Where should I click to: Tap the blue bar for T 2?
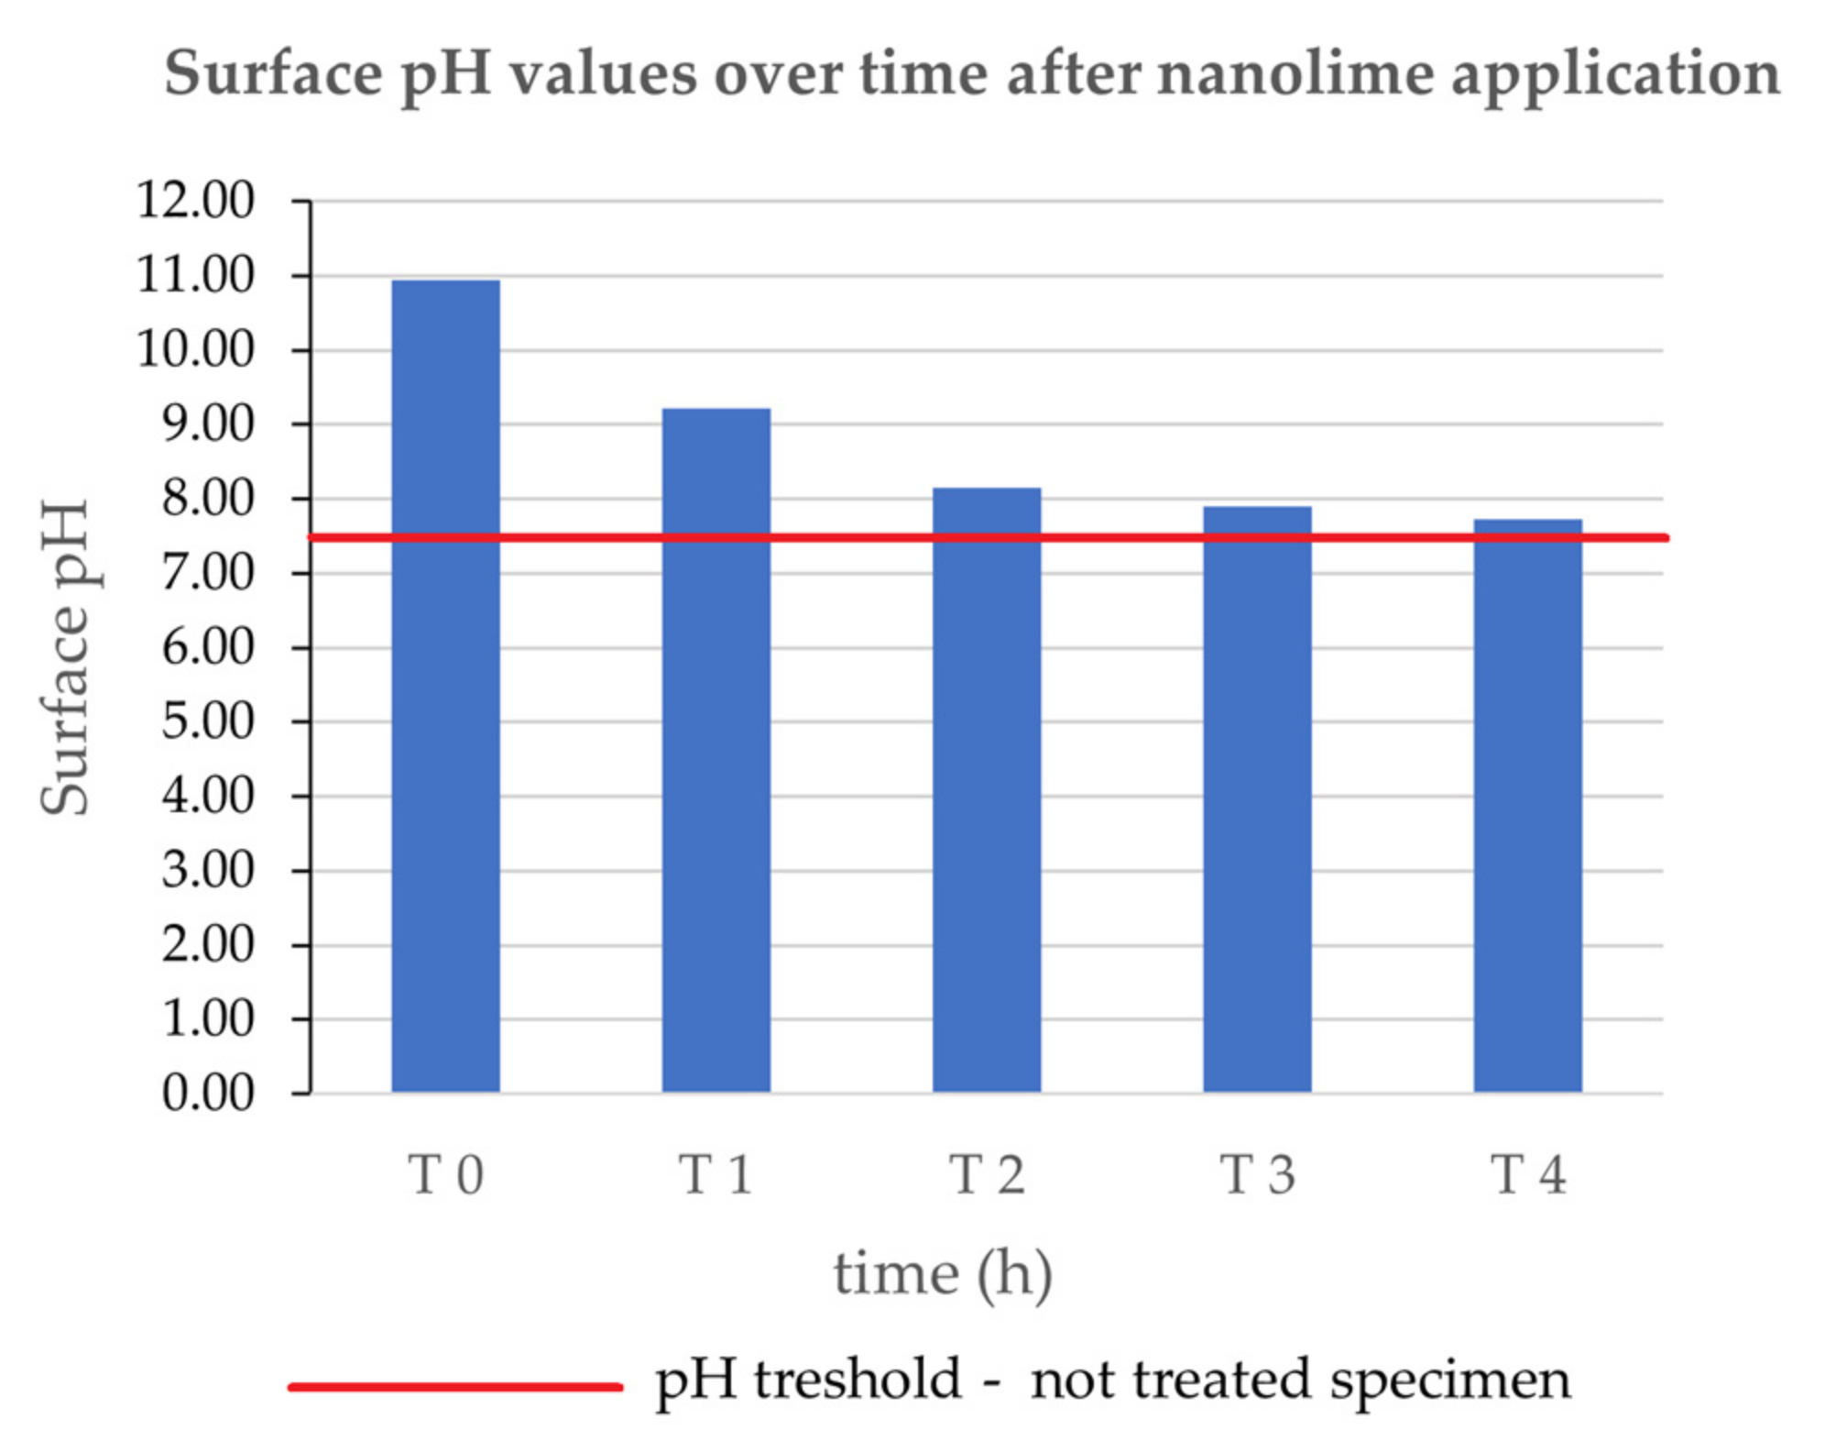point(987,789)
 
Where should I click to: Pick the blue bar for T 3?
point(1257,798)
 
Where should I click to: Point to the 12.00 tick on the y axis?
point(195,200)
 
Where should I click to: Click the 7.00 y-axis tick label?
point(208,573)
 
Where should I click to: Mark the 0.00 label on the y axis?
point(208,1093)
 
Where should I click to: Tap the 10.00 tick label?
point(195,349)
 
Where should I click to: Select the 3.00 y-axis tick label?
point(208,870)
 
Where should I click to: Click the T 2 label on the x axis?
point(987,1175)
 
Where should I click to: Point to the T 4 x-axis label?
point(1527,1175)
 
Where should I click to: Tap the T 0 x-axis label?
point(445,1175)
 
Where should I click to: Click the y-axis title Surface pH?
point(65,656)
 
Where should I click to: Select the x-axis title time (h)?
point(943,1274)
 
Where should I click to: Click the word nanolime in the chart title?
point(1296,73)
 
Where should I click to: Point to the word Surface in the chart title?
point(272,73)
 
